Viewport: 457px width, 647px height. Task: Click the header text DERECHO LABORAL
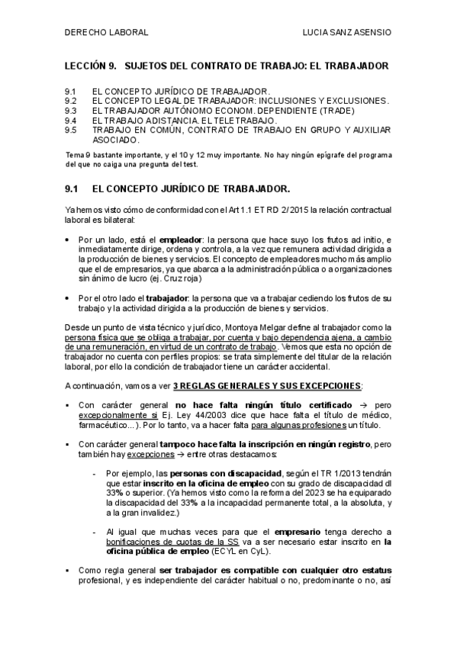[x=106, y=33]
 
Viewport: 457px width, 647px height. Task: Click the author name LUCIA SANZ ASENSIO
[x=347, y=33]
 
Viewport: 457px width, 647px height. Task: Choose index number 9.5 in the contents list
[x=71, y=130]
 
